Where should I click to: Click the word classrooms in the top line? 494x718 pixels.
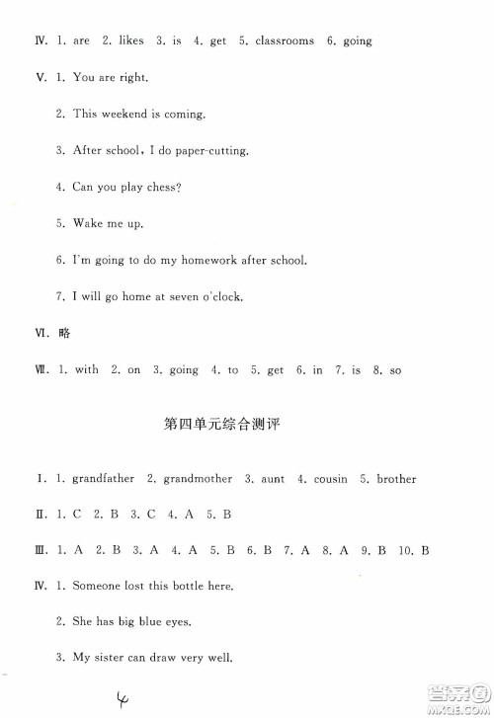pyautogui.click(x=286, y=41)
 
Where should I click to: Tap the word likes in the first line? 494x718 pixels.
pyautogui.click(x=130, y=41)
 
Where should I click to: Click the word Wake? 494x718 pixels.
pyautogui.click(x=89, y=223)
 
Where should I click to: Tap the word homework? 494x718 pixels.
pyautogui.click(x=211, y=260)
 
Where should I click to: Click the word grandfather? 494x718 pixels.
pyautogui.click(x=103, y=479)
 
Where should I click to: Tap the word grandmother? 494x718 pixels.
pyautogui.click(x=198, y=479)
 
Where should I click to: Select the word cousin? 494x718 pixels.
pyautogui.click(x=330, y=479)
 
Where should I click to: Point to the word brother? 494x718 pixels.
pyautogui.click(x=396, y=479)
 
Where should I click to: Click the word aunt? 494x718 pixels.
pyautogui.click(x=273, y=479)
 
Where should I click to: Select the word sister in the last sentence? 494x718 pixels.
pyautogui.click(x=111, y=659)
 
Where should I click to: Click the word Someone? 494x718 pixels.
pyautogui.click(x=99, y=586)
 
